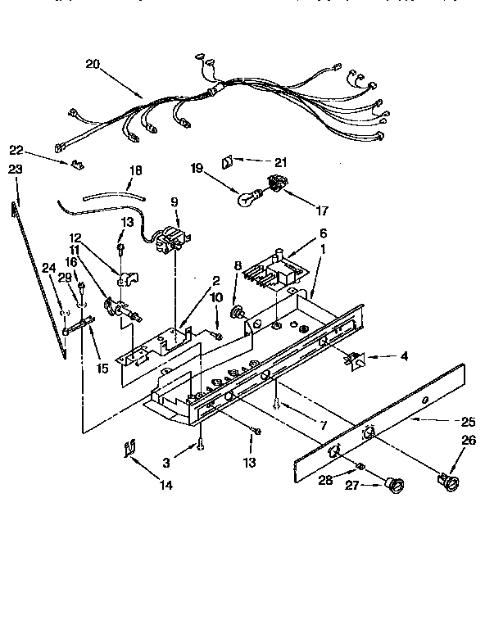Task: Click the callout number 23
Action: pyautogui.click(x=14, y=169)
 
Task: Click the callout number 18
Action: pyautogui.click(x=135, y=170)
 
